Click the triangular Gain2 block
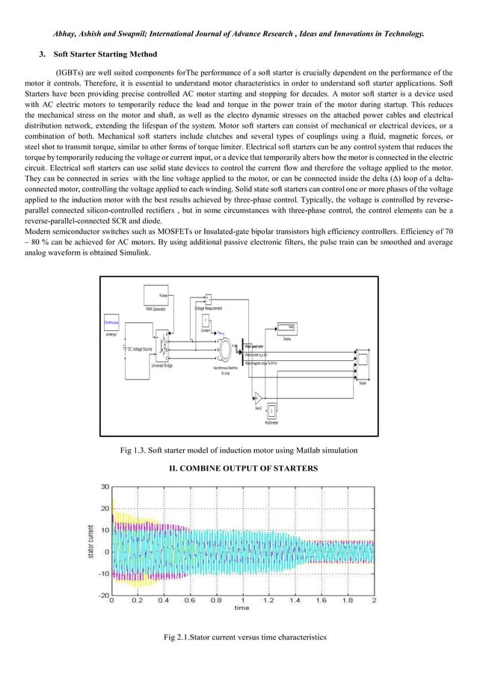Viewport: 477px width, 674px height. pyautogui.click(x=256, y=396)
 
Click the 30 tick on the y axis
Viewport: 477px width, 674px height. pyautogui.click(x=105, y=486)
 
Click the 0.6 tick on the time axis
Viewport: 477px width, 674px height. pyautogui.click(x=191, y=600)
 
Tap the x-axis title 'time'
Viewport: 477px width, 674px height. pyautogui.click(x=241, y=608)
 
